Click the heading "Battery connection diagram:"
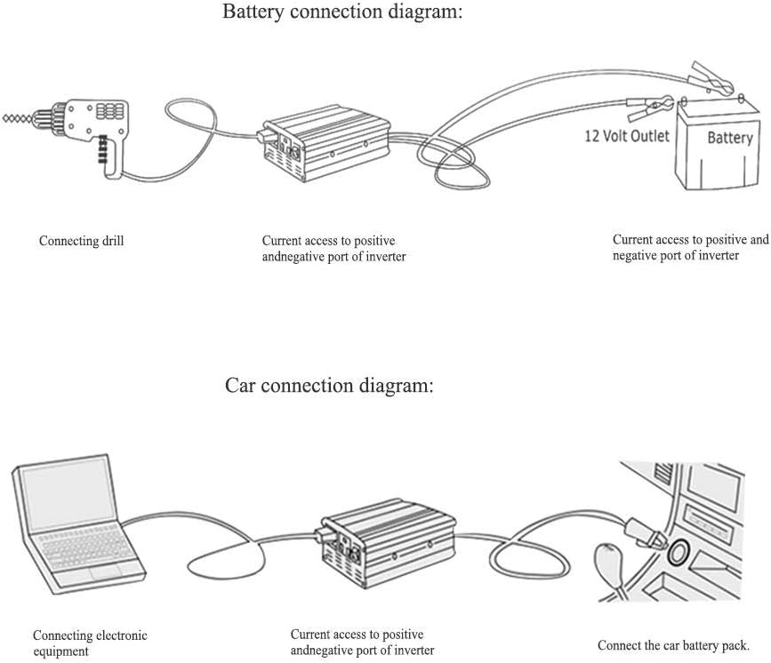[342, 12]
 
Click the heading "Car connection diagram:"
[329, 386]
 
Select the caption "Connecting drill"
[81, 241]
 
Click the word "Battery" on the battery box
[729, 138]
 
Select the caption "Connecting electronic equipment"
[89, 643]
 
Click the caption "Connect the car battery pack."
[672, 645]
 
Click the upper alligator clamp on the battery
[711, 77]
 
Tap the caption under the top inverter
[328, 249]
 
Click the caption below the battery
[690, 247]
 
